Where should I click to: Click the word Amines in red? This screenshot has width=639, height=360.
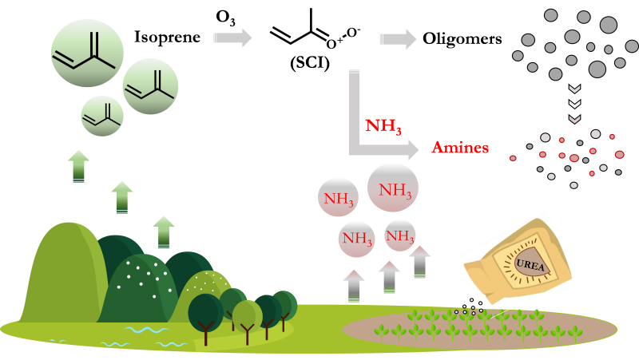click(460, 148)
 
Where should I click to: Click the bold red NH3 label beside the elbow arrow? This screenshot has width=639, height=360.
click(383, 126)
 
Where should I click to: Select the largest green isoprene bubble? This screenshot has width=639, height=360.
click(87, 53)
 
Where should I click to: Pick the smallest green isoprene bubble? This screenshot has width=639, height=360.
click(102, 116)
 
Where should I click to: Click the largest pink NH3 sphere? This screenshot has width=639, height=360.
click(393, 188)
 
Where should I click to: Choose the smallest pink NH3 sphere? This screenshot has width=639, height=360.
click(400, 235)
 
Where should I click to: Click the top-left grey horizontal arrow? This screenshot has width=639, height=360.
click(232, 38)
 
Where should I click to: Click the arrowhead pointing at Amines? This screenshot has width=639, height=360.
click(411, 150)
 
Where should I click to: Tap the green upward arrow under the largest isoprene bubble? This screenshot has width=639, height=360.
click(78, 166)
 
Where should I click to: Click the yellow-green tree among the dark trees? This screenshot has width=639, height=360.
click(247, 316)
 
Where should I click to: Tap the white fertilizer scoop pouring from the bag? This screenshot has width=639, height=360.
click(471, 301)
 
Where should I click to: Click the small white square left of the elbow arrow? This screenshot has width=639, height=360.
click(342, 148)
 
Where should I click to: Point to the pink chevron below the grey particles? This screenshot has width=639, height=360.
click(574, 119)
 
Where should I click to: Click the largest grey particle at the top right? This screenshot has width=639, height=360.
click(609, 25)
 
